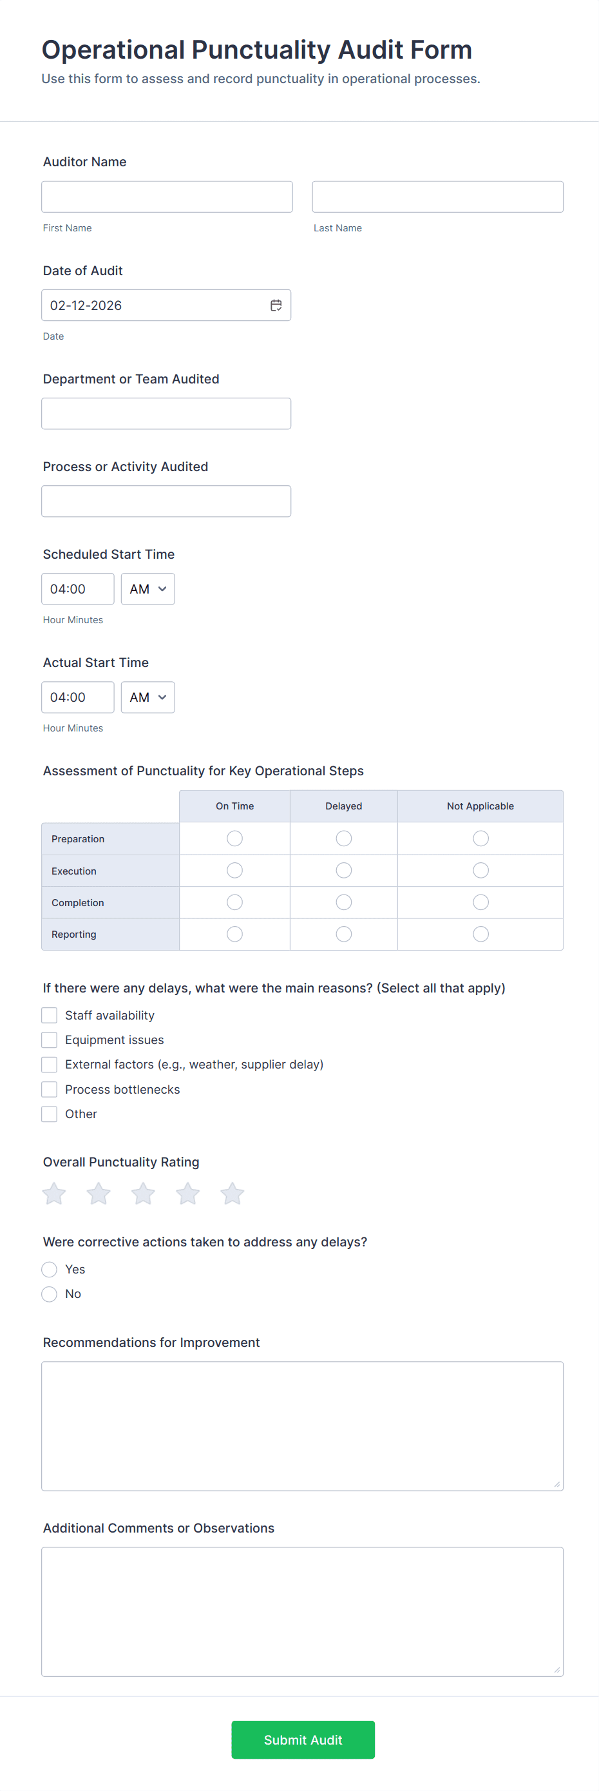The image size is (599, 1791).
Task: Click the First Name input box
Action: click(167, 197)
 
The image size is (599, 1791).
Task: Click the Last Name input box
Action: click(437, 197)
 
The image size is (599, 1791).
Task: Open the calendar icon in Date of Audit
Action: click(276, 305)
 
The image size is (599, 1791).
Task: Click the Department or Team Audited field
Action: click(166, 414)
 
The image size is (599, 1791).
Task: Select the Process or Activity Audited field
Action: click(166, 501)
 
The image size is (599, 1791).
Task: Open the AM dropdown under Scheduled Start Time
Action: click(147, 589)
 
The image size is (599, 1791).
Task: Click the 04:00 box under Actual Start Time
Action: click(78, 697)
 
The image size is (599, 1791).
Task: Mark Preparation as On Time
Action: click(235, 838)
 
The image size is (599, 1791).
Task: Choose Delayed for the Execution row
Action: click(344, 871)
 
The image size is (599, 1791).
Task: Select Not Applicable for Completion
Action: click(480, 902)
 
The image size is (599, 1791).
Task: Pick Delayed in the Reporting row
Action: click(344, 934)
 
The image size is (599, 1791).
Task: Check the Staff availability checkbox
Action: click(50, 1016)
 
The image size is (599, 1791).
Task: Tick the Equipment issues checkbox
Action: click(50, 1040)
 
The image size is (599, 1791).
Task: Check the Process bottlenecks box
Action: click(50, 1089)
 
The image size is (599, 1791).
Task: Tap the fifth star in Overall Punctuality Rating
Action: click(232, 1194)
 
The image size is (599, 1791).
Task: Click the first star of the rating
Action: click(54, 1194)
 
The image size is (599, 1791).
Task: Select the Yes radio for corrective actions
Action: click(50, 1270)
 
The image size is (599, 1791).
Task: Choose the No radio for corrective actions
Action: click(50, 1294)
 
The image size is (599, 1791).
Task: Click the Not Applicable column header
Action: click(480, 806)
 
